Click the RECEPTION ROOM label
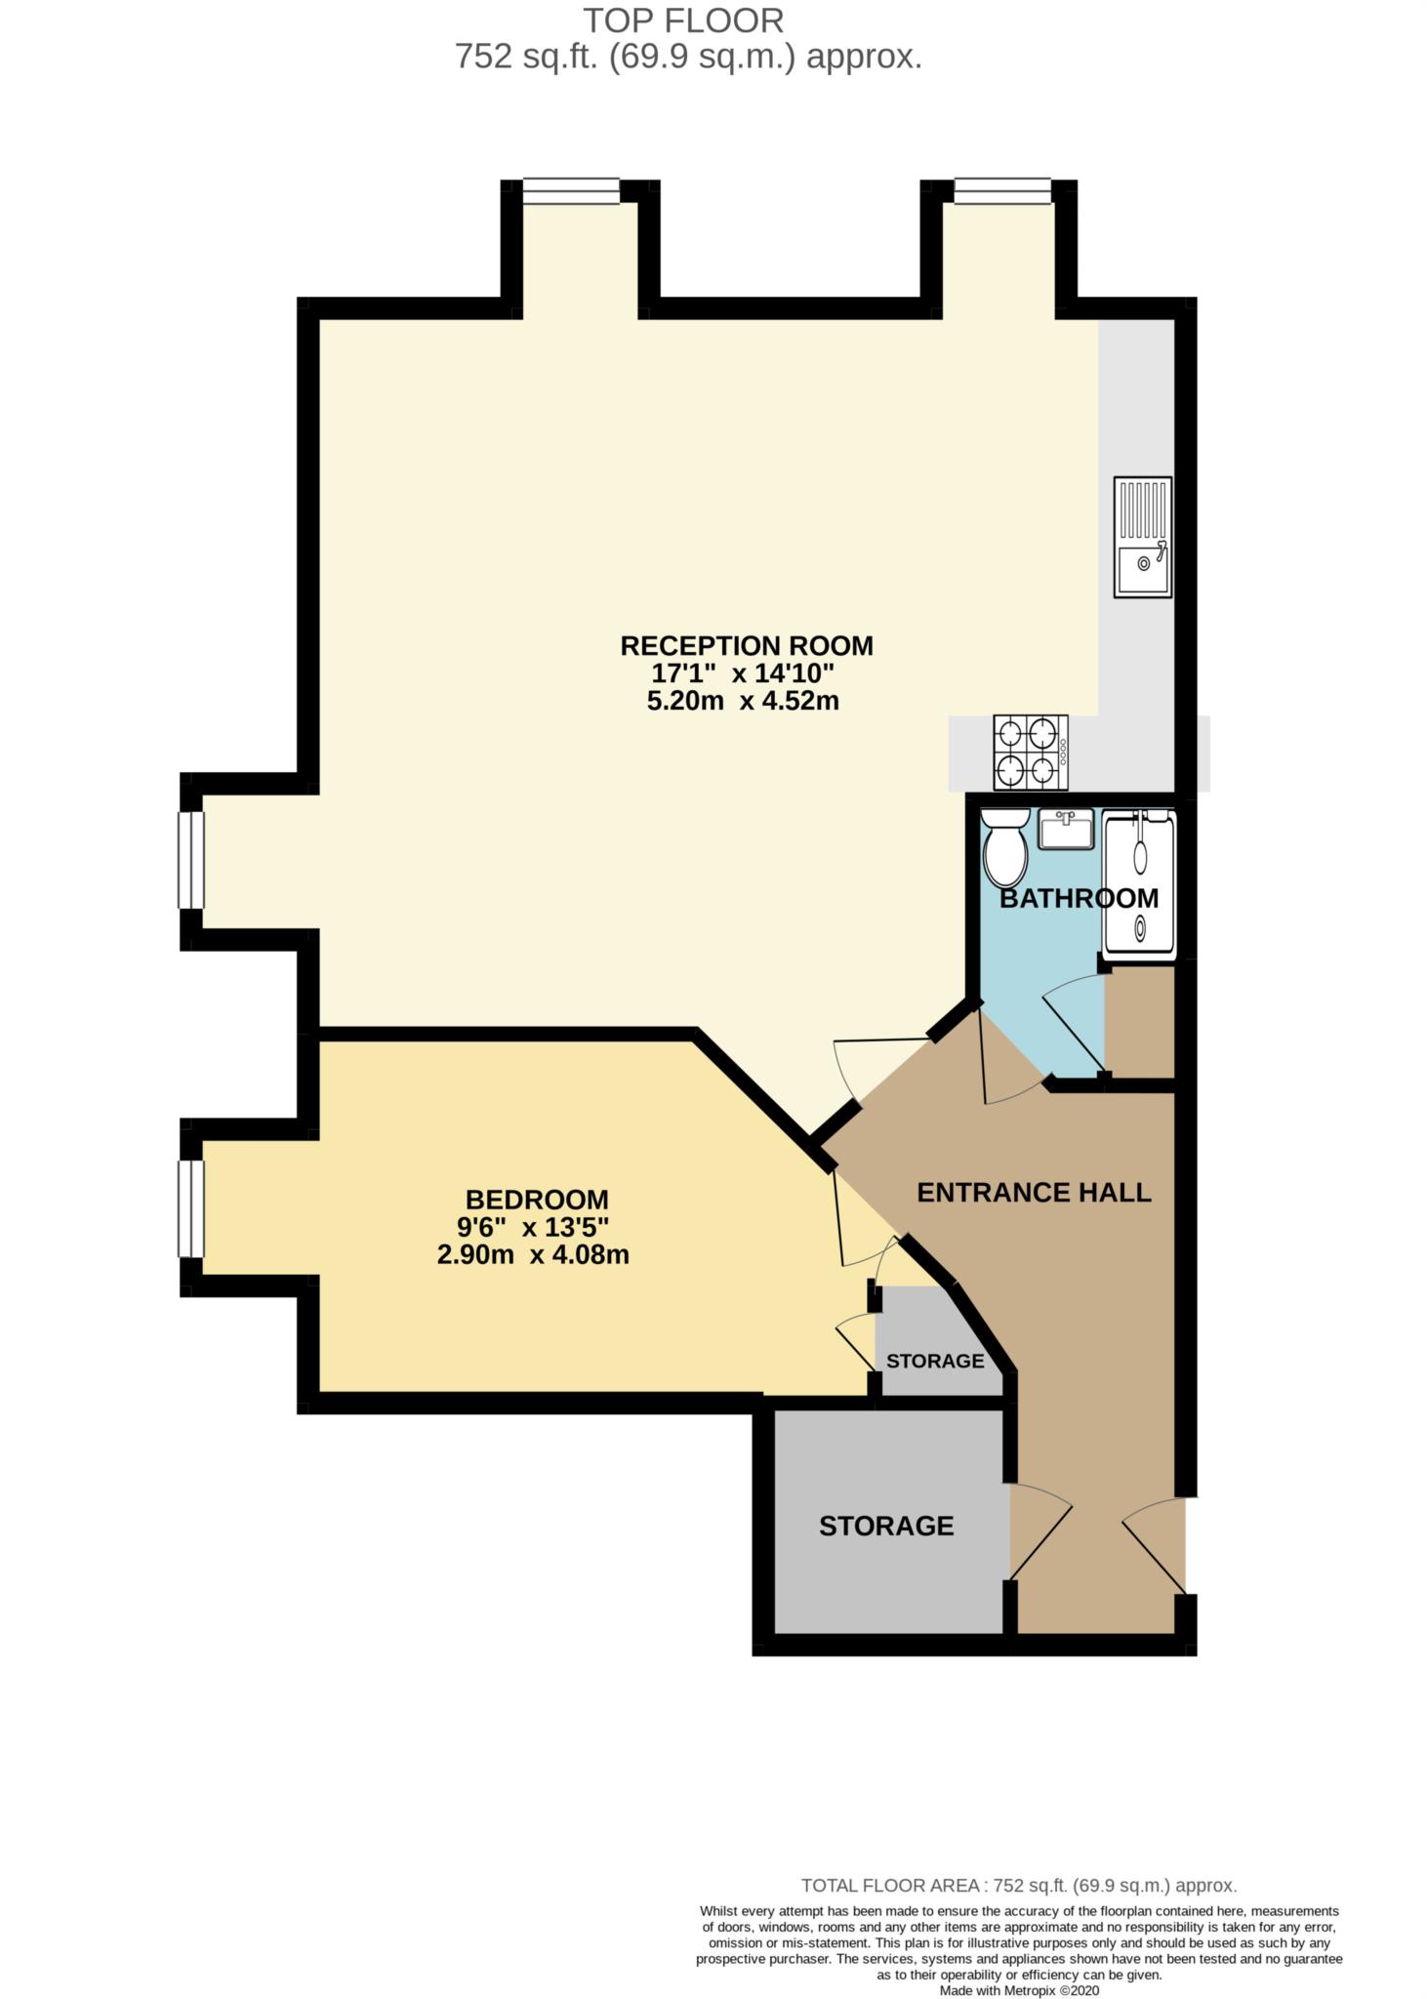[x=746, y=645]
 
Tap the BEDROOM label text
[x=536, y=1200]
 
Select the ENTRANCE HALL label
[x=1034, y=1192]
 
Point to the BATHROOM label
[x=1079, y=898]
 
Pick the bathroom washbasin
[x=1065, y=830]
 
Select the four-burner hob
[x=1030, y=753]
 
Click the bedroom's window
[x=191, y=1208]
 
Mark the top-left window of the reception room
[x=571, y=190]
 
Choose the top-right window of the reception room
[x=1002, y=190]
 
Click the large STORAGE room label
[x=885, y=1526]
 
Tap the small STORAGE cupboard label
[x=934, y=1361]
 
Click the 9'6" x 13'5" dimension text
[x=536, y=1227]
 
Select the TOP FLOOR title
[x=683, y=20]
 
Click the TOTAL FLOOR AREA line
[x=1018, y=1886]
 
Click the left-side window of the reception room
[x=191, y=860]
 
